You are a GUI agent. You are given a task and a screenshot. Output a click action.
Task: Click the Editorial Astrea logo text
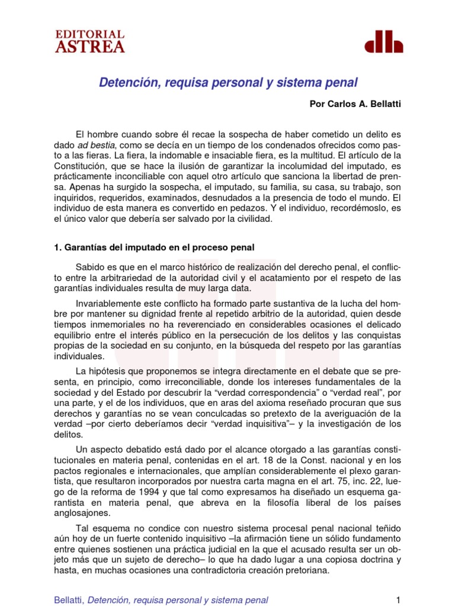click(x=90, y=41)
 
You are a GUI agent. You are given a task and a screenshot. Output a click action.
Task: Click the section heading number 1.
click(x=57, y=247)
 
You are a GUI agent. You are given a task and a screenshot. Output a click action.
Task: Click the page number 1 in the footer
click(x=398, y=599)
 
